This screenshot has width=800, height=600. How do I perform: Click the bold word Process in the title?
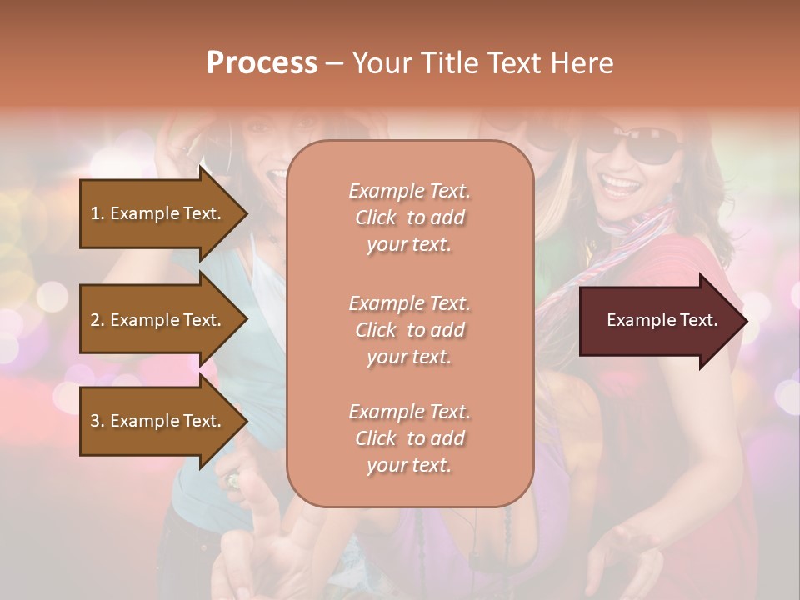point(262,62)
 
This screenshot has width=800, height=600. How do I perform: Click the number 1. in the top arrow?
point(97,213)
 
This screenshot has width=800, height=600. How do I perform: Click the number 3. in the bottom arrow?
point(97,421)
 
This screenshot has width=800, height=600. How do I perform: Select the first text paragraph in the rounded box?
point(409,217)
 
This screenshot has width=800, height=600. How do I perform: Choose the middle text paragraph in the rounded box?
point(409,330)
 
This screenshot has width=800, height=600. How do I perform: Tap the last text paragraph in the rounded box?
point(409,438)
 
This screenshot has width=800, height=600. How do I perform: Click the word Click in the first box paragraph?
point(376,217)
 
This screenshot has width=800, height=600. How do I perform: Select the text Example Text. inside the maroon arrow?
point(662,320)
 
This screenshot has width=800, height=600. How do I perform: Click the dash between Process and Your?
point(334,63)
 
